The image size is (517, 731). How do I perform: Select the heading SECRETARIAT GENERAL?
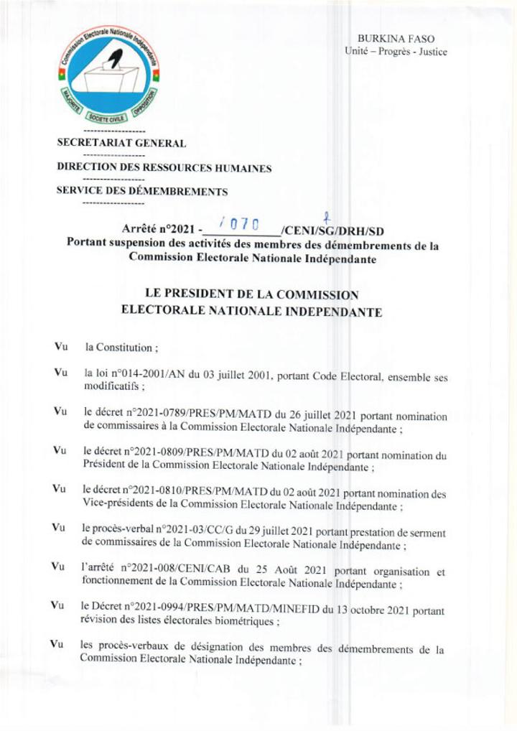(x=121, y=144)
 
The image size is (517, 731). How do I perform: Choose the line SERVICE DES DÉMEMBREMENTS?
(x=142, y=192)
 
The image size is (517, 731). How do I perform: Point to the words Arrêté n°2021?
(x=159, y=231)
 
